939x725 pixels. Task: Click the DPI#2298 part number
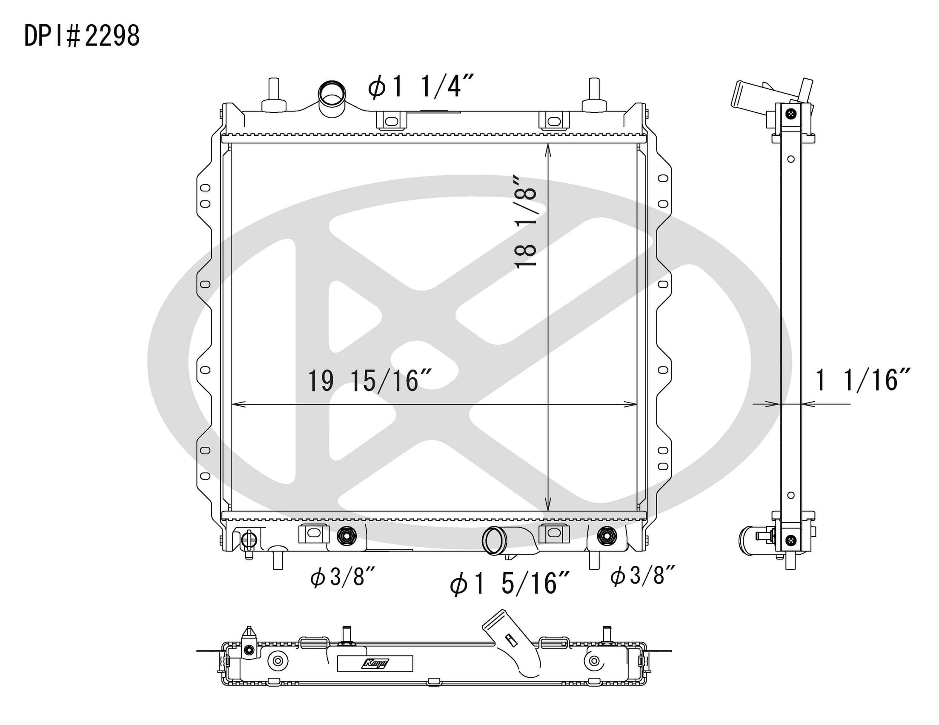(x=82, y=36)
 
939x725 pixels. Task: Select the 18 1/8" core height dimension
(x=526, y=222)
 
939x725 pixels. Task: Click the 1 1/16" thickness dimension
(x=862, y=380)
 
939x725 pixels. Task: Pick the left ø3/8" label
(x=343, y=577)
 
